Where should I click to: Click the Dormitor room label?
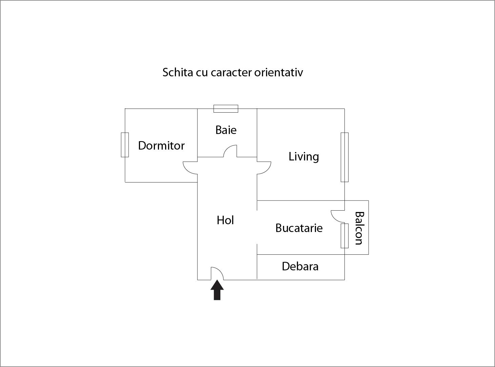[161, 146]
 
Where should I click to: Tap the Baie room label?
[226, 130]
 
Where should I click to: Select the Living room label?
[304, 157]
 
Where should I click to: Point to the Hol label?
[225, 220]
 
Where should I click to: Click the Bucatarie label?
[299, 228]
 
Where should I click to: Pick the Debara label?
[300, 266]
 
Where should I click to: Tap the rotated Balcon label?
[359, 228]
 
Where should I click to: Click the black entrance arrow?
[217, 290]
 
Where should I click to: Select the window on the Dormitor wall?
[125, 145]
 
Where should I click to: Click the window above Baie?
[226, 109]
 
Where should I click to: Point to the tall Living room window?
[344, 157]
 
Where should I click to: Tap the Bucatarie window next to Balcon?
[344, 236]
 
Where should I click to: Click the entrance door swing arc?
[217, 273]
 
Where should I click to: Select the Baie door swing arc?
[230, 151]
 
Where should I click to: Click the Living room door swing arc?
[264, 168]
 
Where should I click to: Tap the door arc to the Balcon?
[338, 216]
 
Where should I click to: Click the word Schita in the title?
[178, 72]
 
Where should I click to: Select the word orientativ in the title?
[278, 72]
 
